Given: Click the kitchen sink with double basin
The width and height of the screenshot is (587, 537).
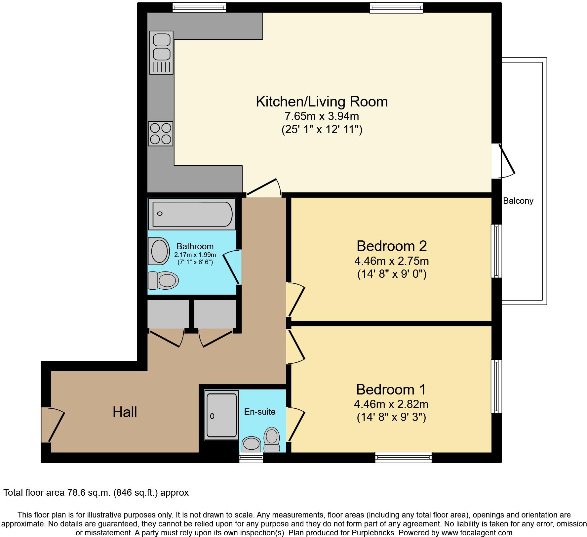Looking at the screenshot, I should [161, 52].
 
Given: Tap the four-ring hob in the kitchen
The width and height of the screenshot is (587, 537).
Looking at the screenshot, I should [161, 134].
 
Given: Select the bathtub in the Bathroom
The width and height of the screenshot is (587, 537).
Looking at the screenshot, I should [192, 214].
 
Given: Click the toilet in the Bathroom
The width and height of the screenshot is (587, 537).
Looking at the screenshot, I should [164, 280].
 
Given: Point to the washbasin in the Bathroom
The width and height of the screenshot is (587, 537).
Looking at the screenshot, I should [159, 251].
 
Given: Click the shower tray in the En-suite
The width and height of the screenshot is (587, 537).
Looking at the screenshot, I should [221, 415].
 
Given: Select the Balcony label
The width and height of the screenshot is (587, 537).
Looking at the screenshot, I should [518, 201].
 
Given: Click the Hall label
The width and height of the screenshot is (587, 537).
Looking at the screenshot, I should [125, 412].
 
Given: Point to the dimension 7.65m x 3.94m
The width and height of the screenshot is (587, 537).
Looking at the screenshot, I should [322, 116].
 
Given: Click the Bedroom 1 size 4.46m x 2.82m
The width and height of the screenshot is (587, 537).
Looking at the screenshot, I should [391, 404].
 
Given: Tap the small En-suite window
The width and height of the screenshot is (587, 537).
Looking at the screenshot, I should [251, 457].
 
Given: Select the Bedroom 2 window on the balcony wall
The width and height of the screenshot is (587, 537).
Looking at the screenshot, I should [496, 251].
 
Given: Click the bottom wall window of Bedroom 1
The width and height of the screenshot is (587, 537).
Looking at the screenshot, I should [403, 457].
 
